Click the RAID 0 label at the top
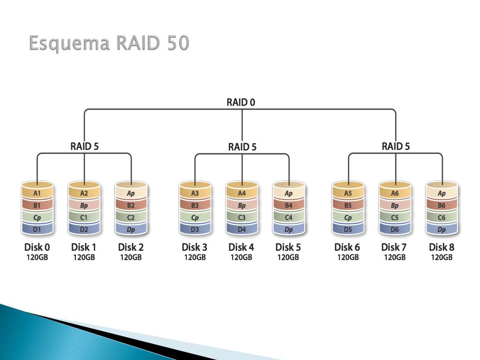241,102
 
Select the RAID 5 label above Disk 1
84,146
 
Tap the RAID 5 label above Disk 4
242,147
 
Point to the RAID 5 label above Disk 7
395,146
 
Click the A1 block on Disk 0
37,193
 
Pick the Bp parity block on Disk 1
84,205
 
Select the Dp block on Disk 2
131,230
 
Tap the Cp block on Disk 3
195,217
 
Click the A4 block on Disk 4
242,193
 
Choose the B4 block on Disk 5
289,205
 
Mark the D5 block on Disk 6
348,230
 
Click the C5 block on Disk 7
395,217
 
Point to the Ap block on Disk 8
442,193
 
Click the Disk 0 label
37,247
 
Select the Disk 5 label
288,247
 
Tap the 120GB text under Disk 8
442,257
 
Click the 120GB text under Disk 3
195,257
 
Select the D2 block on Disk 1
84,230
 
